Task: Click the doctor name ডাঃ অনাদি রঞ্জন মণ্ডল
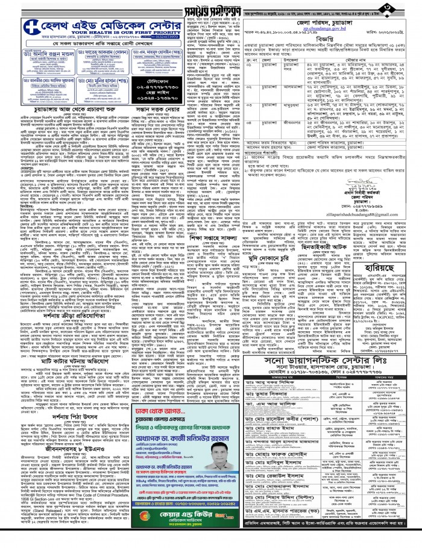point(50,56)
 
